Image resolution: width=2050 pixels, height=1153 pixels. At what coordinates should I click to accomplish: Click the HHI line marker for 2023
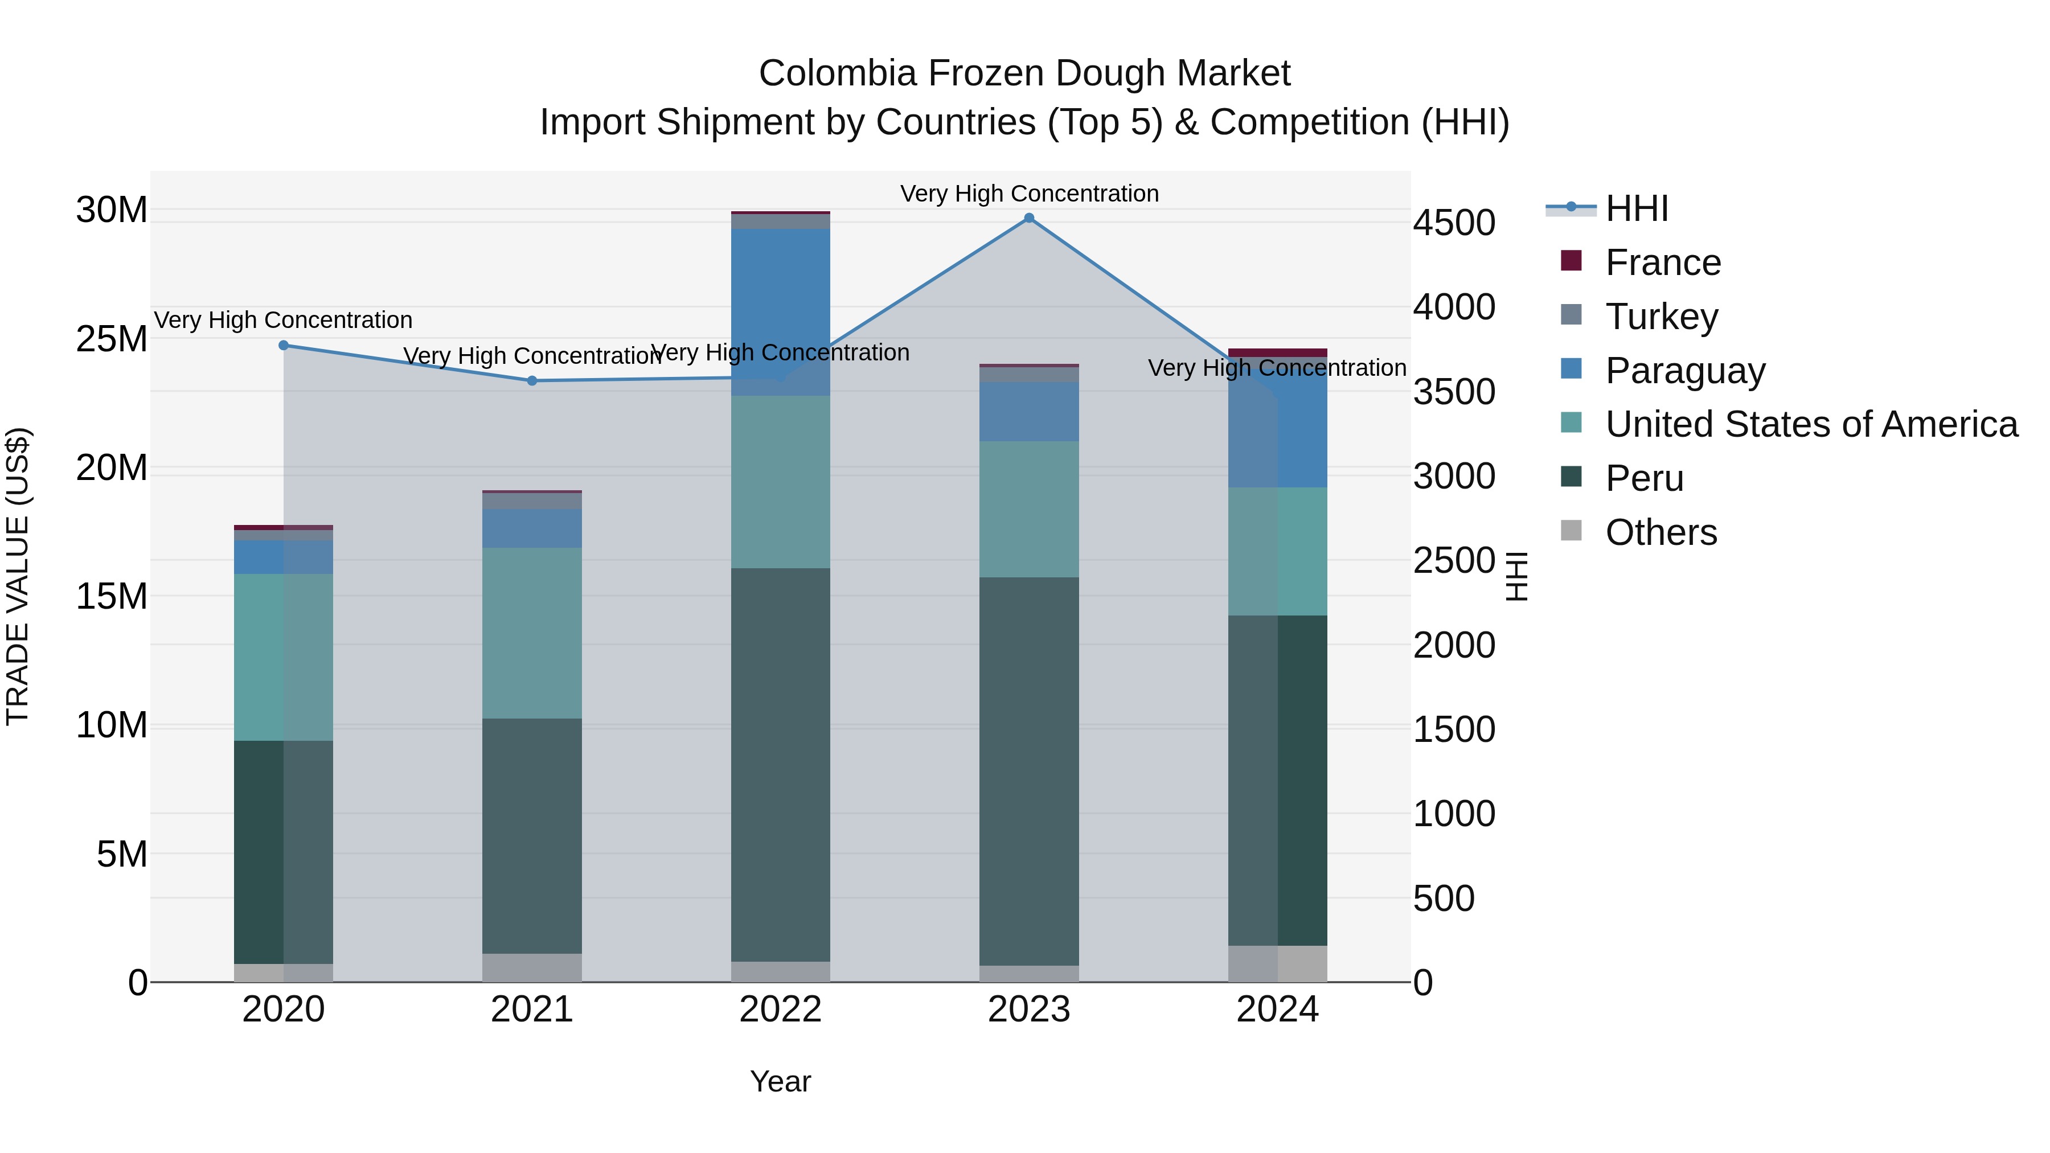[1029, 218]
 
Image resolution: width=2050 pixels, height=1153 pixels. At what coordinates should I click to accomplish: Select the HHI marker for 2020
[284, 346]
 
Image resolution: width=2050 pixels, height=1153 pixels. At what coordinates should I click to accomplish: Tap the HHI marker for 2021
[532, 381]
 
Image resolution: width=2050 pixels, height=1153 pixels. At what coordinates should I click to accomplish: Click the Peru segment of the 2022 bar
[781, 764]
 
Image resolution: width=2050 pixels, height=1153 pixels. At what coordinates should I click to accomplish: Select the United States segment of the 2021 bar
[532, 633]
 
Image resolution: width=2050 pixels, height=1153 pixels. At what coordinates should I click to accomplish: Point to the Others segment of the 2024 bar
[1277, 963]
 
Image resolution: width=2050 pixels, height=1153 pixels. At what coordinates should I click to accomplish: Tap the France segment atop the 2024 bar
[1277, 352]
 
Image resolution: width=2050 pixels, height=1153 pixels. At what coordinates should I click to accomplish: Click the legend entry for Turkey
[1662, 317]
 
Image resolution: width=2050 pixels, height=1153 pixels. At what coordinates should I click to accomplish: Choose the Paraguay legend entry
[1685, 371]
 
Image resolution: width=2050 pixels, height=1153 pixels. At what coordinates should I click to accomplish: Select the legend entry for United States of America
[1810, 424]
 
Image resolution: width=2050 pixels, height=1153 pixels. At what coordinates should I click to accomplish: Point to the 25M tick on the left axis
[112, 339]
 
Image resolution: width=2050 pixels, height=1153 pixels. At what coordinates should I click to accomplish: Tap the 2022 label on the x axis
[781, 1010]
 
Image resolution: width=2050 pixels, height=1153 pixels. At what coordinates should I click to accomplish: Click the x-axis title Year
[781, 1081]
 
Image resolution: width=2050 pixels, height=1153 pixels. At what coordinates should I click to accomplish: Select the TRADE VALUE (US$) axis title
[18, 576]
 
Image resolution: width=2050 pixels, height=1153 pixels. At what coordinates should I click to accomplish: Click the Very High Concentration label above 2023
[1029, 194]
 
